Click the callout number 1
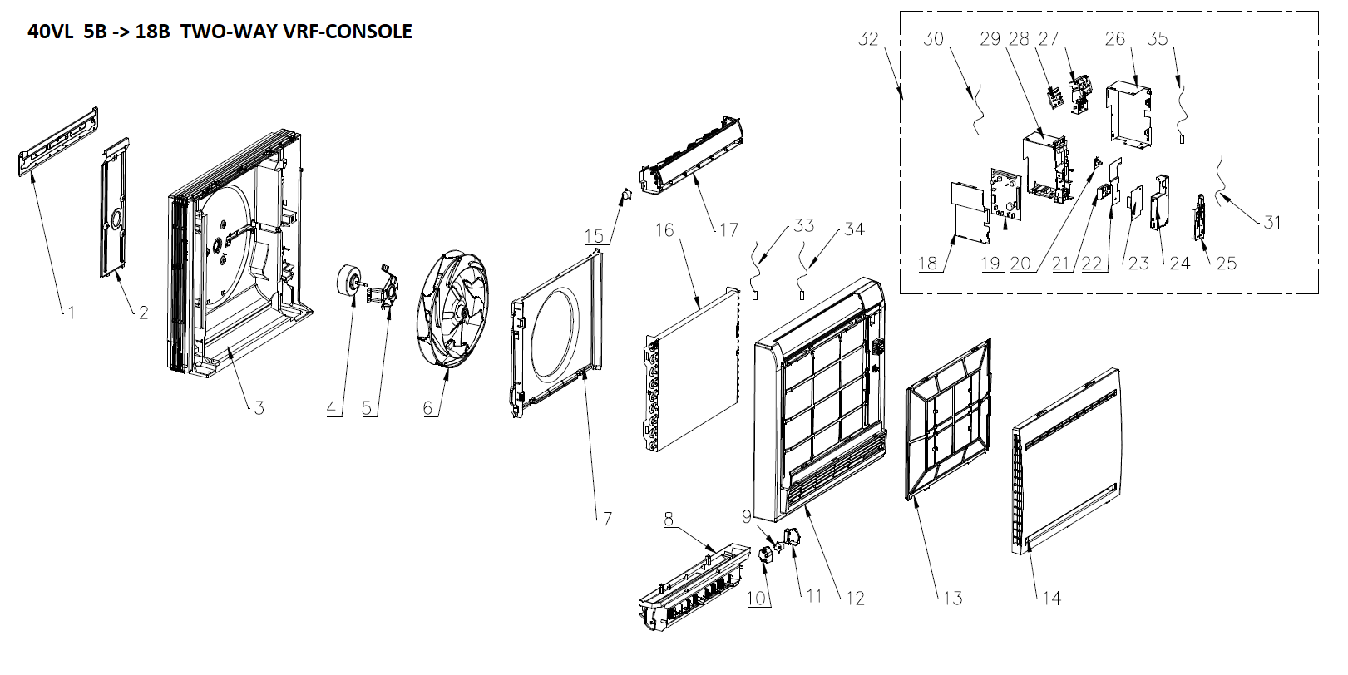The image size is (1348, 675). (72, 313)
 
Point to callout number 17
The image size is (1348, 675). (728, 229)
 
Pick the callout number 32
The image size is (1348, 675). (868, 39)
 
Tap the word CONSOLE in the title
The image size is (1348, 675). (368, 32)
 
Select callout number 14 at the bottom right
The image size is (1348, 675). (1051, 598)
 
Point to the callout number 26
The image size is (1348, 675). (1115, 38)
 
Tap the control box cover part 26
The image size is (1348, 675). (1126, 112)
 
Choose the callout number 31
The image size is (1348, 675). (1271, 222)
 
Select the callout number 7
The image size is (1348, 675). (607, 518)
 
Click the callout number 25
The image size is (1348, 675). (1227, 264)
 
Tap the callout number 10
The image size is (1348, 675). (756, 598)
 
